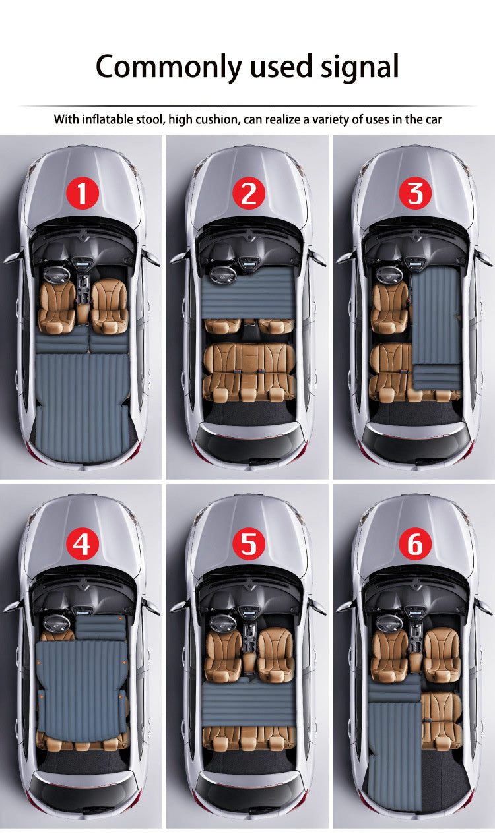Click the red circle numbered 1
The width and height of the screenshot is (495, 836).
82,194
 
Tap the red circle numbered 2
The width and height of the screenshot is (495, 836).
248,194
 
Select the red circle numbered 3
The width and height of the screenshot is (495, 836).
414,194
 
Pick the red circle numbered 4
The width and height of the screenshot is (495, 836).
82,545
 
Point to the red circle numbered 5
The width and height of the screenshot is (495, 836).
248,545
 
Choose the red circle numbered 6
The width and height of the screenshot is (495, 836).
414,545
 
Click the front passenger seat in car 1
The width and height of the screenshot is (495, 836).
108,305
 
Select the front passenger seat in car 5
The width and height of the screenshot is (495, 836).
276,654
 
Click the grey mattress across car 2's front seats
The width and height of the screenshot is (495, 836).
248,292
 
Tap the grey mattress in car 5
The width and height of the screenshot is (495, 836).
248,703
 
